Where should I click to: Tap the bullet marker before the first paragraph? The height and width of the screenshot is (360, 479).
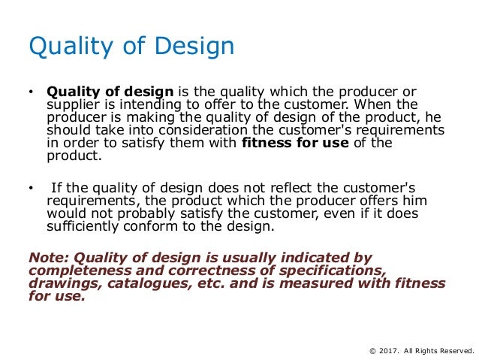31,94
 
